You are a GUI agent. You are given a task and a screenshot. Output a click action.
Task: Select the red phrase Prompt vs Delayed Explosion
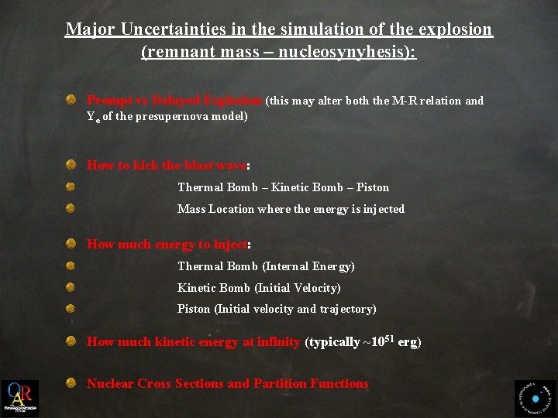175,101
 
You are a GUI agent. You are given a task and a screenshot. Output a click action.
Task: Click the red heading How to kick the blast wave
167,165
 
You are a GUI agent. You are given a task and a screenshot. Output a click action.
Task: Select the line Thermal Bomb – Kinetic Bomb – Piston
283,187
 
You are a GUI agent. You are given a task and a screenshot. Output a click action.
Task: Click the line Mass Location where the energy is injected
291,209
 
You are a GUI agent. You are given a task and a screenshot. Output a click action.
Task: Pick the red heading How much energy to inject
167,245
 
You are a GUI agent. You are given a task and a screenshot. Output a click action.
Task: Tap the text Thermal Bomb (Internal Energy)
266,266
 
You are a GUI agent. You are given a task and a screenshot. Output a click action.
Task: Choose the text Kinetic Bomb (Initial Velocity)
259,288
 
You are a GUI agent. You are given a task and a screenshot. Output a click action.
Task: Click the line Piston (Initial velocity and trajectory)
277,309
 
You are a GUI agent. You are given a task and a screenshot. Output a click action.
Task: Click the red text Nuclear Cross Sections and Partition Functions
227,384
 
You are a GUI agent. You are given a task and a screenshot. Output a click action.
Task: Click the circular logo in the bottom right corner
536,399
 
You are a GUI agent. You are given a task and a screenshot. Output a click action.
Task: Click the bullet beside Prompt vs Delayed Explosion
71,100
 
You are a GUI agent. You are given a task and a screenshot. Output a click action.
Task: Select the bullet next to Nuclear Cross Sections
71,383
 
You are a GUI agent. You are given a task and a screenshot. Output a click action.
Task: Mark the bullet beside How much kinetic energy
71,341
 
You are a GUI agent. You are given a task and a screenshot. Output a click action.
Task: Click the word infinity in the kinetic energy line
278,342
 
